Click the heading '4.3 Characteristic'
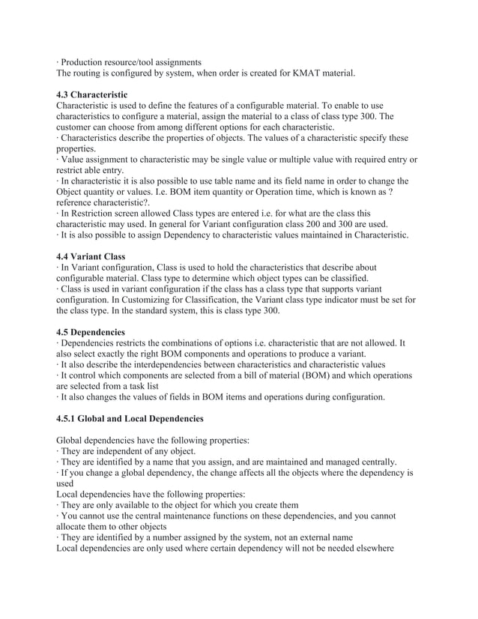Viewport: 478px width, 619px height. (x=92, y=94)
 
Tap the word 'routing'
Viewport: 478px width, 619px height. (x=93, y=73)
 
